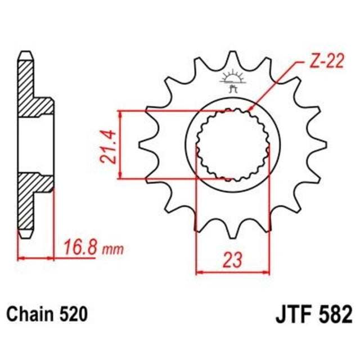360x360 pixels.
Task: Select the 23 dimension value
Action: click(x=232, y=260)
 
